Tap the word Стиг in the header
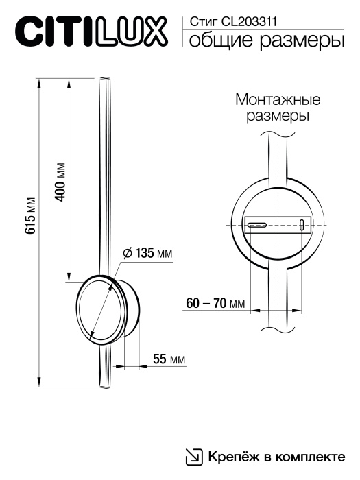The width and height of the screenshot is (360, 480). point(201,23)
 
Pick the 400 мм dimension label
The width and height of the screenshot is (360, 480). point(60,182)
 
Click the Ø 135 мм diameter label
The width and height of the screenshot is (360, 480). point(147,254)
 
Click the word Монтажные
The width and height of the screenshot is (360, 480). point(278,99)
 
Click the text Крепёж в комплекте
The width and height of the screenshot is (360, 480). point(274,456)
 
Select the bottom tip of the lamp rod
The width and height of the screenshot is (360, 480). point(105,386)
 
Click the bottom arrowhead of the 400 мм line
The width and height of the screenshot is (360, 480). point(69,278)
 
